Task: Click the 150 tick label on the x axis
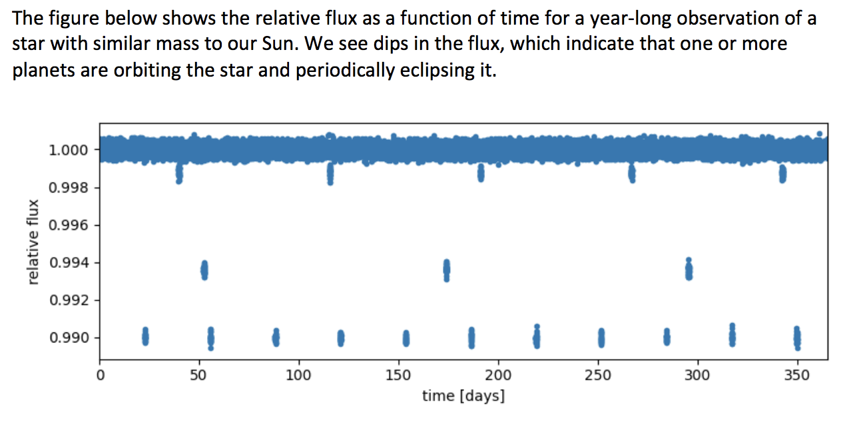pos(398,375)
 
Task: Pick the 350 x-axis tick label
pos(797,375)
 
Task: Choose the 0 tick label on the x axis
pos(100,375)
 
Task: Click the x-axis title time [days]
pos(463,396)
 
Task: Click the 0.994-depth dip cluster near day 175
pos(447,270)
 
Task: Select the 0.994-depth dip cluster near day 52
pos(204,270)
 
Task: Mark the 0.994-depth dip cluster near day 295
pos(689,270)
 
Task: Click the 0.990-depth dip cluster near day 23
pos(145,336)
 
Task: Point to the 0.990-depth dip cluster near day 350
pos(797,338)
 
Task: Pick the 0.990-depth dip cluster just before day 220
pos(537,338)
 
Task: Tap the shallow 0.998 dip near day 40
pos(179,174)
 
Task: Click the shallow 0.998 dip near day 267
pos(632,174)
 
